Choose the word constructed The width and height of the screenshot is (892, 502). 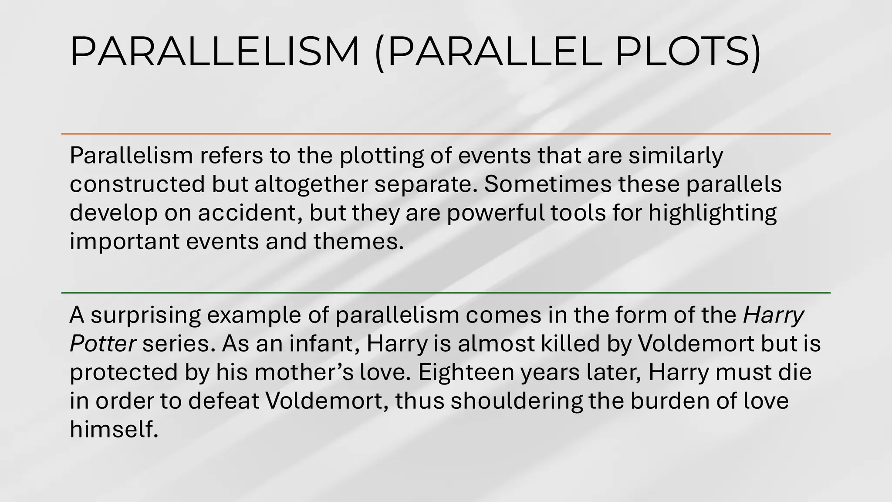click(137, 184)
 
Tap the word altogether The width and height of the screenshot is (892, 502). click(311, 184)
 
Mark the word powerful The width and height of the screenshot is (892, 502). click(495, 213)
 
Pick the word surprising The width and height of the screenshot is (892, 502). click(146, 315)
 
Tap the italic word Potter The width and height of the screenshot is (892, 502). click(103, 344)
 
